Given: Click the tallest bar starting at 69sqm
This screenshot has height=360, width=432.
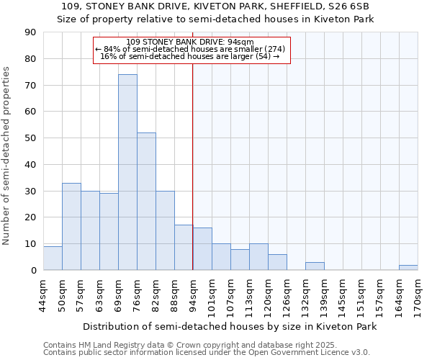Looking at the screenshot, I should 127,172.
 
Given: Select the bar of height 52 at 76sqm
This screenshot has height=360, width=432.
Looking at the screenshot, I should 146,202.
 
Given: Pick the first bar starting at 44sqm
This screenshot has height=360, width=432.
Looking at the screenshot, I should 53,258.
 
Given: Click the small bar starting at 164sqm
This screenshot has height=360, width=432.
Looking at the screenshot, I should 408,267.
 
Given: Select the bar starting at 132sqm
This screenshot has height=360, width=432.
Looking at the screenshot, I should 315,266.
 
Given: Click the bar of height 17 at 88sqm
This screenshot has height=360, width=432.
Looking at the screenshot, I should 184,248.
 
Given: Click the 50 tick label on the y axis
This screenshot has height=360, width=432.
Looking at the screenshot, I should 30,138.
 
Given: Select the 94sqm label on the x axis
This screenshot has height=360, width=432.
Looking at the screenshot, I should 194,294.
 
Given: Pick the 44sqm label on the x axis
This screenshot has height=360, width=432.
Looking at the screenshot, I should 44,294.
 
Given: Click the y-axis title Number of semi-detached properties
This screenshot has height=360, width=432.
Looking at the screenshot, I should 6,156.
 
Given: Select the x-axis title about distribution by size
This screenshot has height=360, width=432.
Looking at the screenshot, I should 230,326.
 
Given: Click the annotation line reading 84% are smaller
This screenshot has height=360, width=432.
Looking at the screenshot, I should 191,49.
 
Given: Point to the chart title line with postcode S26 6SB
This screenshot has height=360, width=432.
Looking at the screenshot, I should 215,6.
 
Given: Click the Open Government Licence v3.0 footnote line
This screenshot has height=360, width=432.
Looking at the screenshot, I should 207,353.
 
